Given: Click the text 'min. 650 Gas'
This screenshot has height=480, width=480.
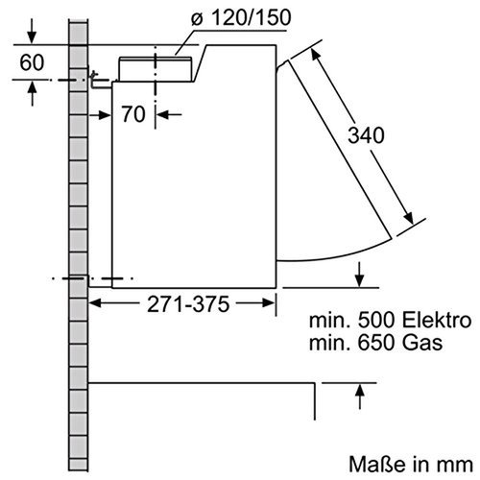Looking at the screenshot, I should click(x=372, y=341).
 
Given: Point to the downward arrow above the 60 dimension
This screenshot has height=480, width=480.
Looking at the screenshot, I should click(x=34, y=36).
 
